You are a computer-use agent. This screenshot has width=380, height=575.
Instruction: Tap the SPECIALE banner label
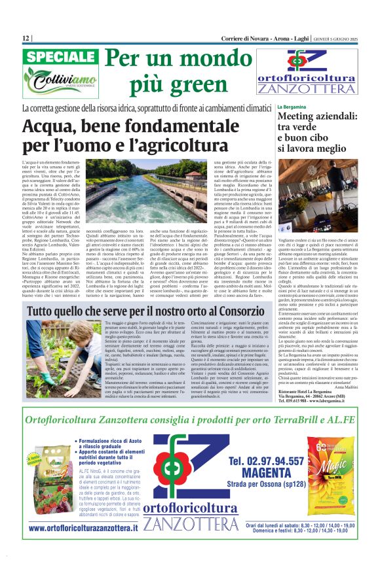tap(60, 57)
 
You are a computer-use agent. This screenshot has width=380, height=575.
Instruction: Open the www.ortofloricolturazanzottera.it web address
tap(83, 527)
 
